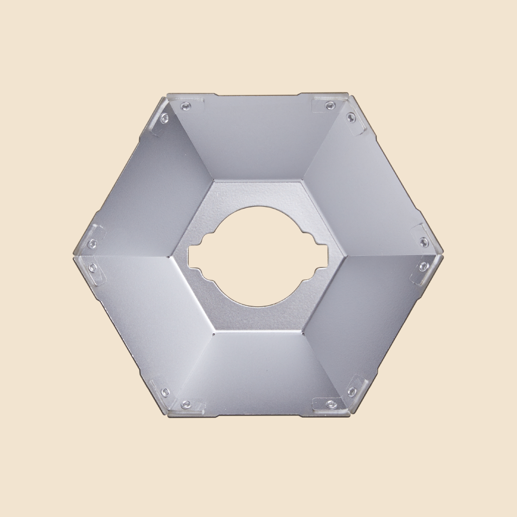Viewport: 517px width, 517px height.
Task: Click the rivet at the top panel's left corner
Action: (185, 105)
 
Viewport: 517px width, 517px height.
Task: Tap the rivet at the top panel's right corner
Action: (330, 105)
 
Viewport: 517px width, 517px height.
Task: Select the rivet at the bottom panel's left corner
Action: (185, 404)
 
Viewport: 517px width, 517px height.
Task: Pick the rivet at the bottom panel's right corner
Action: (330, 403)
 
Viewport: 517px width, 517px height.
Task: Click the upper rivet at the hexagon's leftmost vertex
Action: (92, 244)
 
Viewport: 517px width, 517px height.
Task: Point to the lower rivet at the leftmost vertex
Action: (92, 267)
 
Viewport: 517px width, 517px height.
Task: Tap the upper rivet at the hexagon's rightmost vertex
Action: (424, 242)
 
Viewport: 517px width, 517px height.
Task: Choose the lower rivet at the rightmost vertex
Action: (423, 266)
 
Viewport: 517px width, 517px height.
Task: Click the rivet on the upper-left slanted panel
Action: (165, 118)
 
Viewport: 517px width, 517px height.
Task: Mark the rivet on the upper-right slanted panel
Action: (351, 118)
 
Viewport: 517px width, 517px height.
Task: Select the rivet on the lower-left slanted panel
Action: (165, 392)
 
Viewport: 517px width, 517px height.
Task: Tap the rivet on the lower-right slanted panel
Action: (351, 392)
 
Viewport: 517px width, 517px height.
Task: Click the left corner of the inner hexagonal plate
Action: (172, 257)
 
